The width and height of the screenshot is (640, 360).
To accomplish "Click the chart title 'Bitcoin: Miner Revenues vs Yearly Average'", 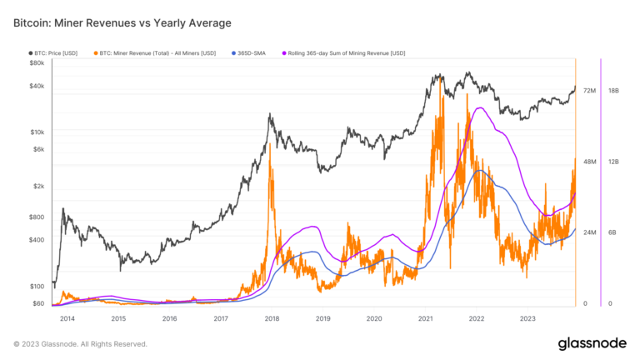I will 122,22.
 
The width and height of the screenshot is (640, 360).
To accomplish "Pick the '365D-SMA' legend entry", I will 252,52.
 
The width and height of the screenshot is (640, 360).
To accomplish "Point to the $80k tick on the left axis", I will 37,62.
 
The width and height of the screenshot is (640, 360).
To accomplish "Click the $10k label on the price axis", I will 37,132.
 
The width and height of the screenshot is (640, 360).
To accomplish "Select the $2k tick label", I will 38,186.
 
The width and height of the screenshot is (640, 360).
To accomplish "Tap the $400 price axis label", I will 37,240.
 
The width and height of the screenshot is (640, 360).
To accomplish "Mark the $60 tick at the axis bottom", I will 38,303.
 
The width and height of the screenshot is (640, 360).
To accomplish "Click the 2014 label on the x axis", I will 67,318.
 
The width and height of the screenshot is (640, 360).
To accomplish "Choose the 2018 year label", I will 272,318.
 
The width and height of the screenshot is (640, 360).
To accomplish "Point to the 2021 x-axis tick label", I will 425,318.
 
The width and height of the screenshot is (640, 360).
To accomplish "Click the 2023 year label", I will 527,318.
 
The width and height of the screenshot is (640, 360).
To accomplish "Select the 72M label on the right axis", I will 589,90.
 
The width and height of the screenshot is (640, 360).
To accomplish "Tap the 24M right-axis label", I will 589,232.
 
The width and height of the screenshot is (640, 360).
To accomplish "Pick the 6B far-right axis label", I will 612,232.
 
